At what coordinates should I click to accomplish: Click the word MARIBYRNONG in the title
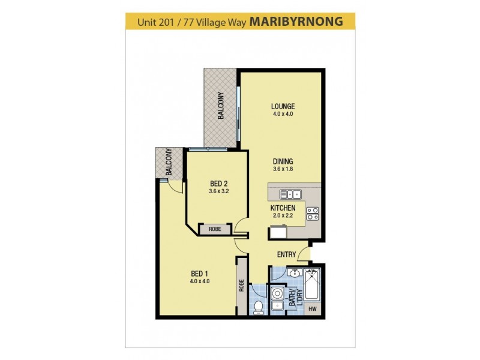[296, 22]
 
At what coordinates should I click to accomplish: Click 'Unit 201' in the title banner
[156, 23]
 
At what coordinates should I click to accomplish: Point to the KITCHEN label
[282, 208]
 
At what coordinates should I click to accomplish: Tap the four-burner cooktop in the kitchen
[313, 214]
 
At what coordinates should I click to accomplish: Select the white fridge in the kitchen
[278, 232]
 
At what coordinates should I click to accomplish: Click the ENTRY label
[286, 254]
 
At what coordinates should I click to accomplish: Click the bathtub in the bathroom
[313, 286]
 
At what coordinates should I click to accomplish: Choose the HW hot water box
[313, 309]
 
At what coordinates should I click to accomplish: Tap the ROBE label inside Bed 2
[214, 229]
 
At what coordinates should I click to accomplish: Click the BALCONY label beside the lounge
[221, 106]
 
